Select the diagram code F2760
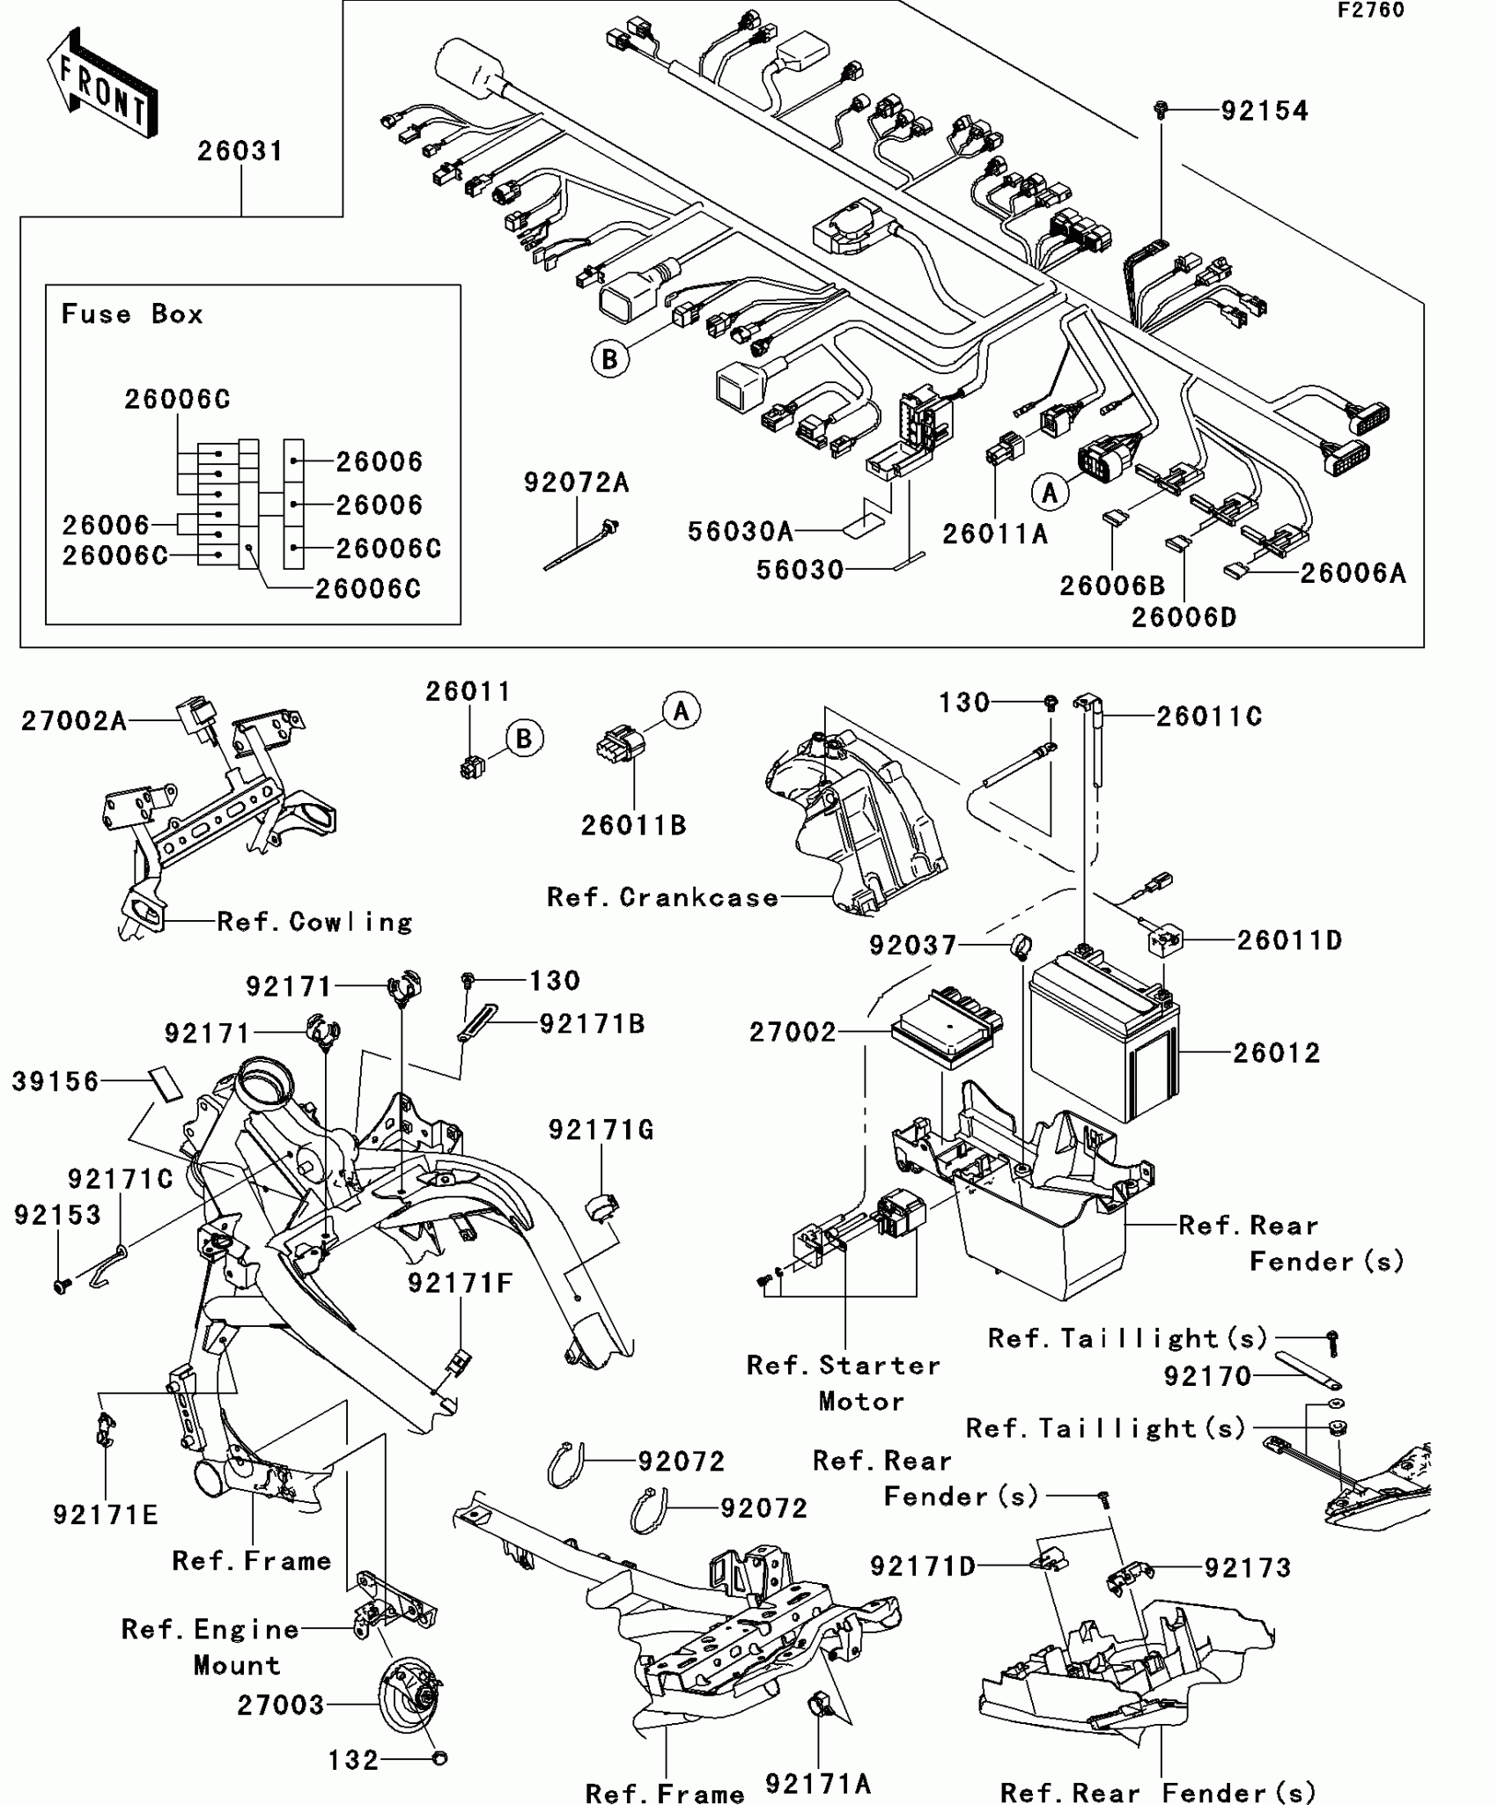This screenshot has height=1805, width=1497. pyautogui.click(x=1371, y=11)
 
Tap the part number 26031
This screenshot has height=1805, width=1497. pyautogui.click(x=240, y=151)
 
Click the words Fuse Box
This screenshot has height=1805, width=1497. pyautogui.click(x=132, y=314)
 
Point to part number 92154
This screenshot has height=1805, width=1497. pyautogui.click(x=1264, y=111)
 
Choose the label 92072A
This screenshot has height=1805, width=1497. pyautogui.click(x=577, y=483)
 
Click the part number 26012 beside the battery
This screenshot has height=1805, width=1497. pyautogui.click(x=1276, y=1053)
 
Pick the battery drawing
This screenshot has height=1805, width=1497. pyautogui.click(x=1104, y=1039)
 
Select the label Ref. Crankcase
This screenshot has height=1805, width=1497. pyautogui.click(x=662, y=897)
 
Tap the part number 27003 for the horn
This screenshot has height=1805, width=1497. pyautogui.click(x=281, y=1706)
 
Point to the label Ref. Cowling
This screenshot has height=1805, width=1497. pyautogui.click(x=314, y=922)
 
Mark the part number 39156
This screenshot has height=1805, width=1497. pyautogui.click(x=55, y=1081)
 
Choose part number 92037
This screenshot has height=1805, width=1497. pyautogui.click(x=912, y=946)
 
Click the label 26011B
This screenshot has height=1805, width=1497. pyautogui.click(x=633, y=825)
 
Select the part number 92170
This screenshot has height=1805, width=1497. pyautogui.click(x=1207, y=1376)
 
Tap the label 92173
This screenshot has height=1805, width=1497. pyautogui.click(x=1247, y=1568)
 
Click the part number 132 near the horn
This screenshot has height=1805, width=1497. pyautogui.click(x=353, y=1760)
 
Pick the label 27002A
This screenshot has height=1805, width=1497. pyautogui.click(x=74, y=721)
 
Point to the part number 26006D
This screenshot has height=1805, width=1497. pyautogui.click(x=1184, y=617)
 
